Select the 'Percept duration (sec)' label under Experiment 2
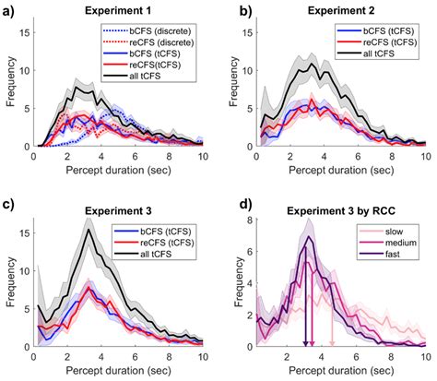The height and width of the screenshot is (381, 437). tap(337, 170)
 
